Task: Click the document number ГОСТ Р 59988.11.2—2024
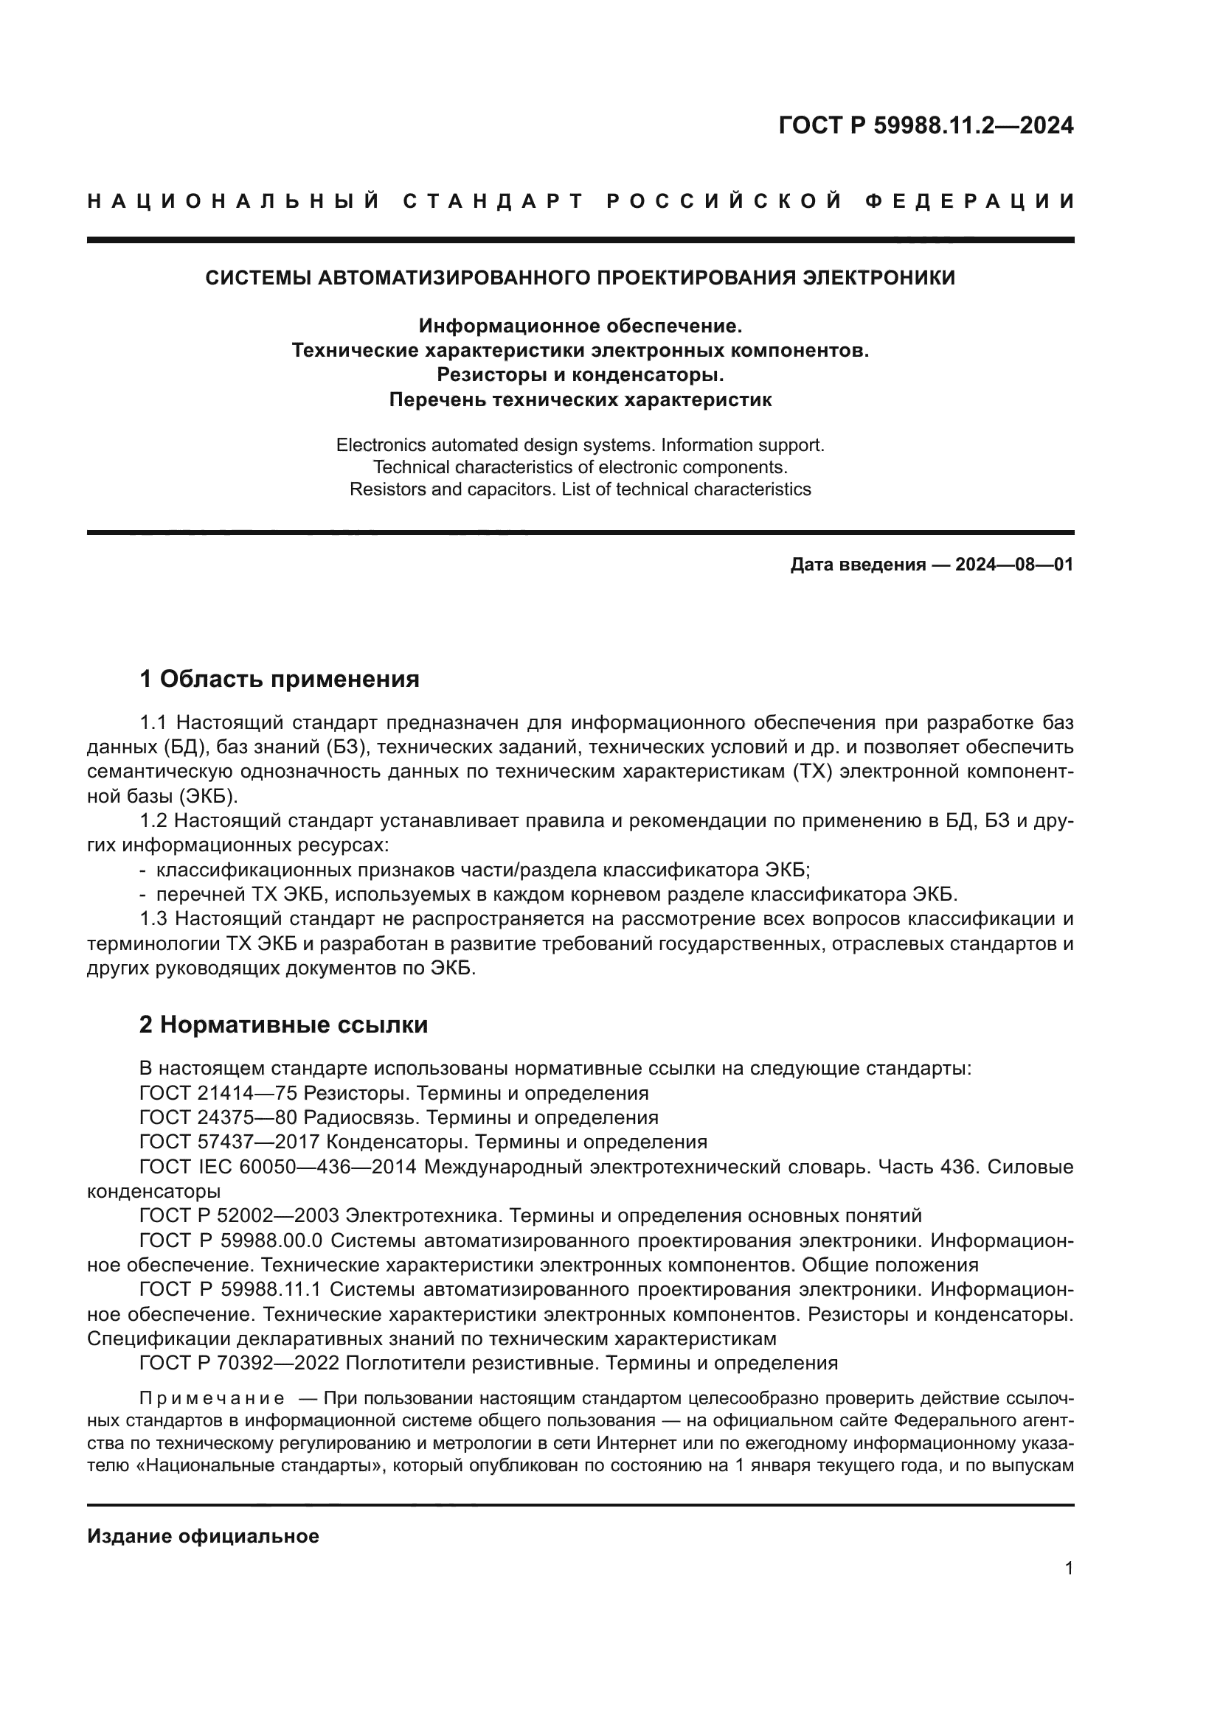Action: (x=926, y=125)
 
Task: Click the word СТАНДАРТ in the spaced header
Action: (x=493, y=201)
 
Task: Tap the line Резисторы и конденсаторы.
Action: (x=580, y=374)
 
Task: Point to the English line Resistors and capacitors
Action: (x=580, y=489)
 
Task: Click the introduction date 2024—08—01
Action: (x=1013, y=565)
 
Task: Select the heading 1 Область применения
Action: (x=279, y=680)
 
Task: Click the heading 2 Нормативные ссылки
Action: (x=283, y=1025)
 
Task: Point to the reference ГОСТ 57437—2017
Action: (x=229, y=1142)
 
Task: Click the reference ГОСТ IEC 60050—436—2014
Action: (x=278, y=1167)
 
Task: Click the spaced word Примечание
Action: (x=212, y=1398)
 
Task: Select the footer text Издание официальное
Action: (x=203, y=1536)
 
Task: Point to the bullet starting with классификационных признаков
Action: (x=481, y=870)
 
